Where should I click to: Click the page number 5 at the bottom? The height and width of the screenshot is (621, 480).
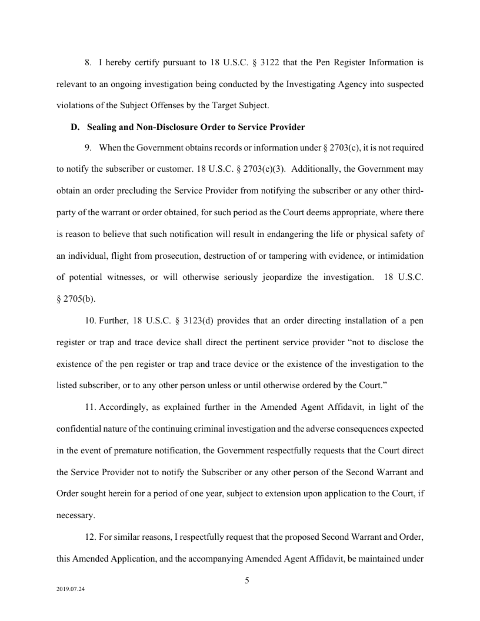(247, 581)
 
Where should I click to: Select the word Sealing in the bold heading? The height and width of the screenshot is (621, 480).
(102, 127)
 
